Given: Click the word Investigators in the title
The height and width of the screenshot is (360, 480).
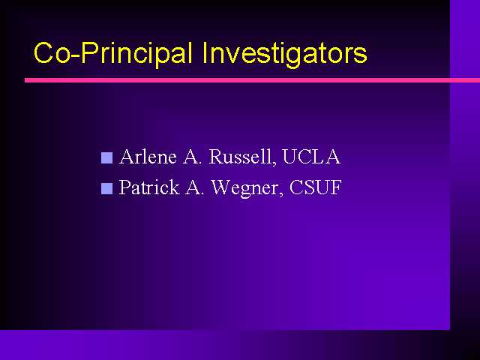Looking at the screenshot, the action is (284, 54).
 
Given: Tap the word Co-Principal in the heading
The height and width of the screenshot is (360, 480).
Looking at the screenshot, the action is (113, 54).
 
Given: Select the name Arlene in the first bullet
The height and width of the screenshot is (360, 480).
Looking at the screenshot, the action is (148, 157).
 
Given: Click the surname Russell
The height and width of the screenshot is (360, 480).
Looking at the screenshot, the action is (240, 157).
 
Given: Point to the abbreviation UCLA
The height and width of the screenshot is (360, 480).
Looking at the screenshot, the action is (311, 157).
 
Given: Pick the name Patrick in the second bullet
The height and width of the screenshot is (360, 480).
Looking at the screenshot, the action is (149, 187).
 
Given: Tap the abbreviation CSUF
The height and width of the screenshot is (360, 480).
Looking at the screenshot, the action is (315, 187).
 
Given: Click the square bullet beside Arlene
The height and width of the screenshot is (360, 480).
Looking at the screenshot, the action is (106, 158).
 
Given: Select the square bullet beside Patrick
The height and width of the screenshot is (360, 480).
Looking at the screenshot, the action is (106, 188).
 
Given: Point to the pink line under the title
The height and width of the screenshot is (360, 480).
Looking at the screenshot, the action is (252, 80).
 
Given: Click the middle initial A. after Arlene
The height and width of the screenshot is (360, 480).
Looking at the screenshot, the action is (193, 157).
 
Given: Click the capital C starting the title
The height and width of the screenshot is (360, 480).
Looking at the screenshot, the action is (43, 52).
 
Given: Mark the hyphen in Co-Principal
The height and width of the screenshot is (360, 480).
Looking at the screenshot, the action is (76, 55).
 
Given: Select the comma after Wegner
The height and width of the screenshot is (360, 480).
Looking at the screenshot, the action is (280, 193).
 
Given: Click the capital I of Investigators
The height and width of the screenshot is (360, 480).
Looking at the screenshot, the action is (205, 52).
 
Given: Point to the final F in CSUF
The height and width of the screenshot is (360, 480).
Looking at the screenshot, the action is (335, 187).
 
